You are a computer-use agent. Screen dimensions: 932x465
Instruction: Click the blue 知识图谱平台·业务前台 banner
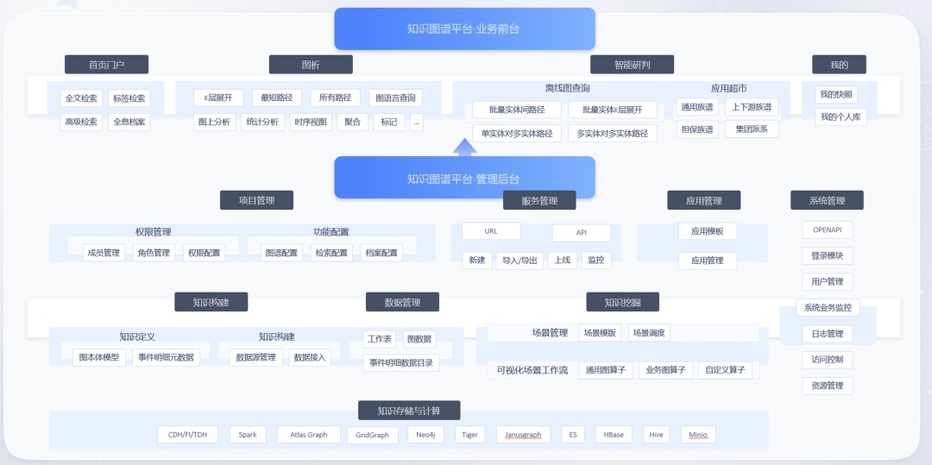[464, 28]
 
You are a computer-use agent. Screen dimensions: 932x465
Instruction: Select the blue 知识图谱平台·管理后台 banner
[464, 178]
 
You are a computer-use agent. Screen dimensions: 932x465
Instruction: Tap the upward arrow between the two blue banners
[465, 148]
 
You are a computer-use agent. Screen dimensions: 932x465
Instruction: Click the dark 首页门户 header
[106, 65]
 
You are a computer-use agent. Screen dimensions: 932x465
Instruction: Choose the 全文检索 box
[81, 98]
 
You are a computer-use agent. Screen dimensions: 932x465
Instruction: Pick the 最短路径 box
[276, 98]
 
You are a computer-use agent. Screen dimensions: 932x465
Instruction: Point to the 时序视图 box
[311, 123]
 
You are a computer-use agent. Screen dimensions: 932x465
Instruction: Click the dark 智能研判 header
[632, 65]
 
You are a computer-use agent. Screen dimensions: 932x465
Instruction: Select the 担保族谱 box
[697, 129]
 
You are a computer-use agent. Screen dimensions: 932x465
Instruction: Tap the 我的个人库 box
[841, 117]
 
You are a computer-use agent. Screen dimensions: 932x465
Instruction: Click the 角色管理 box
[154, 253]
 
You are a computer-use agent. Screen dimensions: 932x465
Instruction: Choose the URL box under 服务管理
[491, 231]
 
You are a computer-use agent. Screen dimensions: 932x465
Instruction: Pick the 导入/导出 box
[520, 261]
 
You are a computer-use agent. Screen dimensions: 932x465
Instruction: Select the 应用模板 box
[708, 231]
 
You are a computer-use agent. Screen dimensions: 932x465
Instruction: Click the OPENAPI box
[828, 229]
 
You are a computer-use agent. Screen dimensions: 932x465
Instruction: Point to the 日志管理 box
[828, 334]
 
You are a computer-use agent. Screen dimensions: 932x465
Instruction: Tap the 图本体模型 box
[99, 357]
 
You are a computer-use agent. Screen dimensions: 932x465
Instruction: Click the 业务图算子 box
[665, 371]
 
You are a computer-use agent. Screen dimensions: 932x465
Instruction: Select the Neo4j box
[425, 435]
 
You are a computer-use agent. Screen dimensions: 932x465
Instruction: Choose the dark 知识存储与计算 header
[409, 411]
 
